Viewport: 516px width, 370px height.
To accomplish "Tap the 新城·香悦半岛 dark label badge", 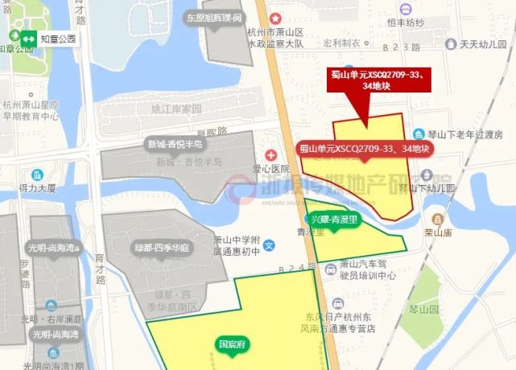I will tap(174, 144).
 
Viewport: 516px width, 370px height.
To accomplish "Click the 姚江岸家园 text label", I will tap(175, 108).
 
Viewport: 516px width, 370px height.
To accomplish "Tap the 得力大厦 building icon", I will tap(37, 174).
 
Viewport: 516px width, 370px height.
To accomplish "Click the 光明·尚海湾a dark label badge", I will tap(55, 247).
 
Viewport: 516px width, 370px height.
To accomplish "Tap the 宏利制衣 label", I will tap(341, 43).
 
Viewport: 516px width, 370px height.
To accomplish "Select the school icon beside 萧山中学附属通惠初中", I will tap(270, 244).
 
